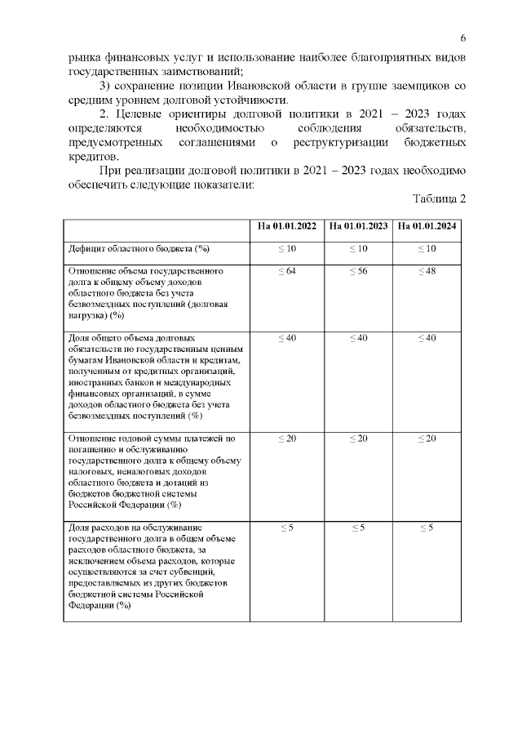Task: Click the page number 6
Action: [x=462, y=38]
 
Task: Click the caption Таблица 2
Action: [x=440, y=199]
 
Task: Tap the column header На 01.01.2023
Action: [x=358, y=226]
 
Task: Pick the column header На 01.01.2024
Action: [x=427, y=226]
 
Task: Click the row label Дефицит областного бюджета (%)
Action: [x=138, y=247]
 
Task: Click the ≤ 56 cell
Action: [x=358, y=270]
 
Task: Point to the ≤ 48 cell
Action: [x=427, y=270]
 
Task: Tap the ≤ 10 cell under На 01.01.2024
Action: [x=427, y=247]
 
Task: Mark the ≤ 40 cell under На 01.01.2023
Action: [x=358, y=337]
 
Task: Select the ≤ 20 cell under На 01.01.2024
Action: [x=427, y=439]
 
